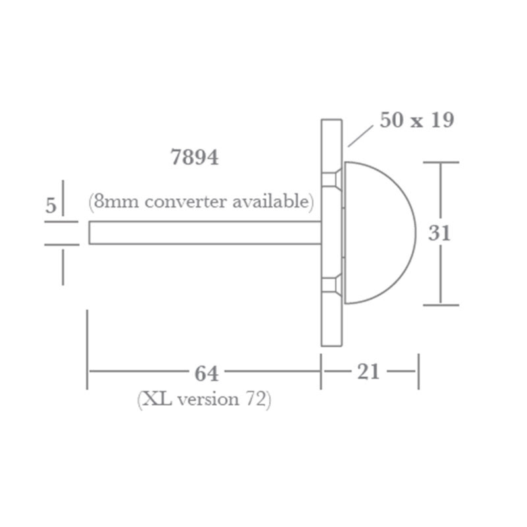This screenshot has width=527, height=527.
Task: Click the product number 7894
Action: point(194,159)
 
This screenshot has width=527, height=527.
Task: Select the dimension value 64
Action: point(206,373)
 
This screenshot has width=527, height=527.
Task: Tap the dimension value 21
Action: point(369,372)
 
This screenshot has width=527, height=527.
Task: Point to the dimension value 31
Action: point(439,233)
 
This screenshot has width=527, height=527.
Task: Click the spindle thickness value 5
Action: point(51,206)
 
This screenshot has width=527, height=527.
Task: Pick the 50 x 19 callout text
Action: point(416,121)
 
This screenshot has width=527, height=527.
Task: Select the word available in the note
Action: point(269,201)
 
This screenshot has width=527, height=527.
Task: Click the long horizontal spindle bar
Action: point(204,233)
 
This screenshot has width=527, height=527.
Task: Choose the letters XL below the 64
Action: point(155,400)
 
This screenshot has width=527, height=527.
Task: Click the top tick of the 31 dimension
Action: point(440,162)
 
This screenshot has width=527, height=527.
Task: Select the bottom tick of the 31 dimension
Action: point(440,304)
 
